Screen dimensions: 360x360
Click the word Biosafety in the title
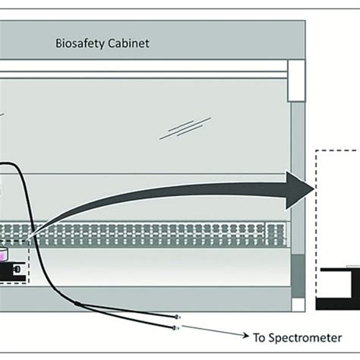pos(80,43)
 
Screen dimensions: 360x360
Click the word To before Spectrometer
pos(258,335)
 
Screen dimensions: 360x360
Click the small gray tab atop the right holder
pos(352,266)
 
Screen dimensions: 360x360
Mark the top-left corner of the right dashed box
pos(316,152)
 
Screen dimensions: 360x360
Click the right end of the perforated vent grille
pos(285,235)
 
